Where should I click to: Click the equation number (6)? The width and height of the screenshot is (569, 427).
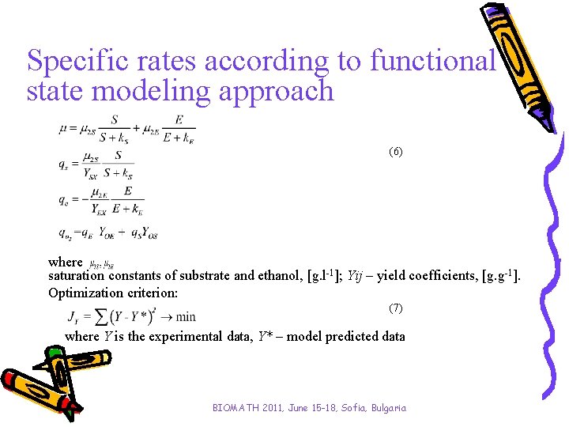coord(396,151)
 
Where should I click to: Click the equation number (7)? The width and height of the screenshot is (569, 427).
coord(396,307)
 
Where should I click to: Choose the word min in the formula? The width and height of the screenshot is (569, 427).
coord(186,318)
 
